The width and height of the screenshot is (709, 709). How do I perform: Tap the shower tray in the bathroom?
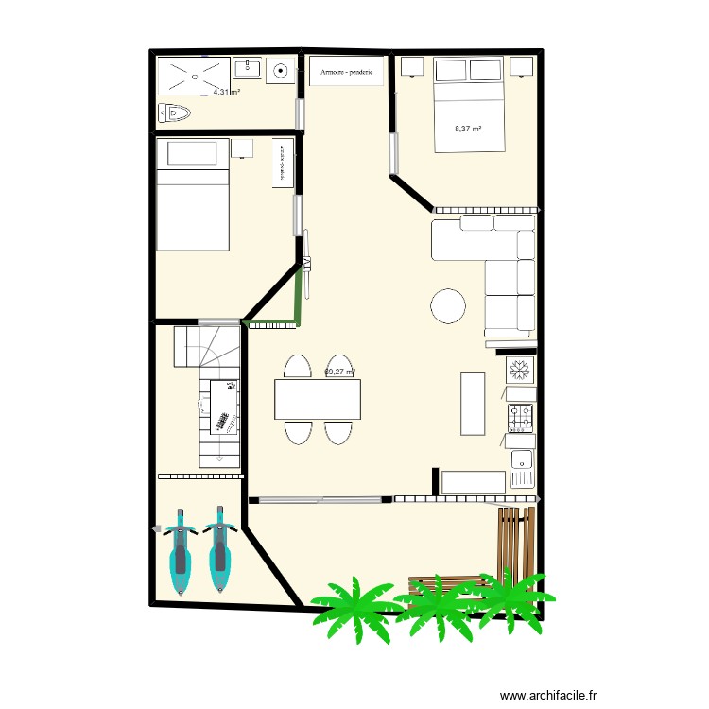click(194, 76)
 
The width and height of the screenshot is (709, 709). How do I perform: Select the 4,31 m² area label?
click(226, 93)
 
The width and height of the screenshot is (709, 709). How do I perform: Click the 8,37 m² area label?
click(468, 129)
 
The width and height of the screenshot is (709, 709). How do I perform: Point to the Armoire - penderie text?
click(346, 72)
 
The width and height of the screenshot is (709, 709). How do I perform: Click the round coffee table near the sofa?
click(448, 305)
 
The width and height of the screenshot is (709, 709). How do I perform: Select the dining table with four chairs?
click(317, 399)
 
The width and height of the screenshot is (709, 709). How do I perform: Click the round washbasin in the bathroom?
click(281, 69)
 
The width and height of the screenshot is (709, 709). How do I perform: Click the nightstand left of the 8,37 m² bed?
click(412, 65)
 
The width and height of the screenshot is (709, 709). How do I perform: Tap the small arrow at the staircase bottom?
click(220, 458)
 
